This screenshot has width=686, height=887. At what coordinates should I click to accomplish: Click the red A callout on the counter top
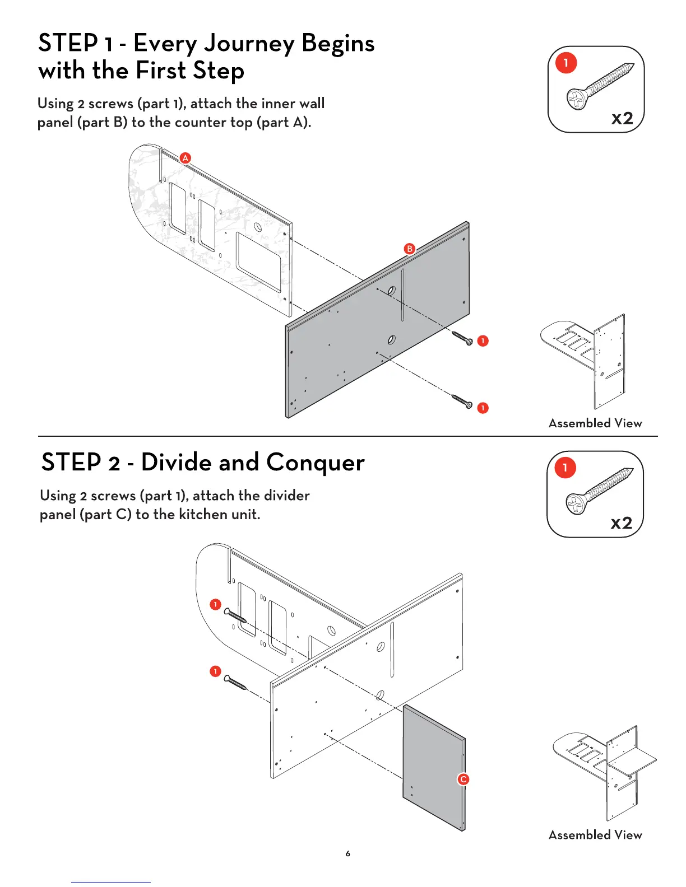point(185,158)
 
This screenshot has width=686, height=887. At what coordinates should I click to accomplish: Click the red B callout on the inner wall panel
point(410,249)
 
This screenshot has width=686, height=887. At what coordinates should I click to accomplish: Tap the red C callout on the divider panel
point(463,779)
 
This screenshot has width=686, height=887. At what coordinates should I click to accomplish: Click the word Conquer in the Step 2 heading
point(316,463)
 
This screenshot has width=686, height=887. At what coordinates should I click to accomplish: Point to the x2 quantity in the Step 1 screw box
point(622,118)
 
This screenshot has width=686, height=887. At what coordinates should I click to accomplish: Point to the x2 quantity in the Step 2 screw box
point(621,522)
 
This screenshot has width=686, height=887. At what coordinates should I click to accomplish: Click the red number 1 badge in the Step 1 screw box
point(566,63)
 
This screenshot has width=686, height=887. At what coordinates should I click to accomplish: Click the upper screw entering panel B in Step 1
point(462,338)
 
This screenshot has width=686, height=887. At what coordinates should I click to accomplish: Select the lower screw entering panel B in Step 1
point(462,401)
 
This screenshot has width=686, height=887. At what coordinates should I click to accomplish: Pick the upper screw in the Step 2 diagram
point(235,615)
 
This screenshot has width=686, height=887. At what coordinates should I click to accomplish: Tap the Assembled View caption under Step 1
point(595,423)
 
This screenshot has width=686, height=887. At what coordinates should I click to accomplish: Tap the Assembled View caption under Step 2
point(595,835)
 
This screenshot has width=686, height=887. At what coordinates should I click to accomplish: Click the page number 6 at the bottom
point(348,854)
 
